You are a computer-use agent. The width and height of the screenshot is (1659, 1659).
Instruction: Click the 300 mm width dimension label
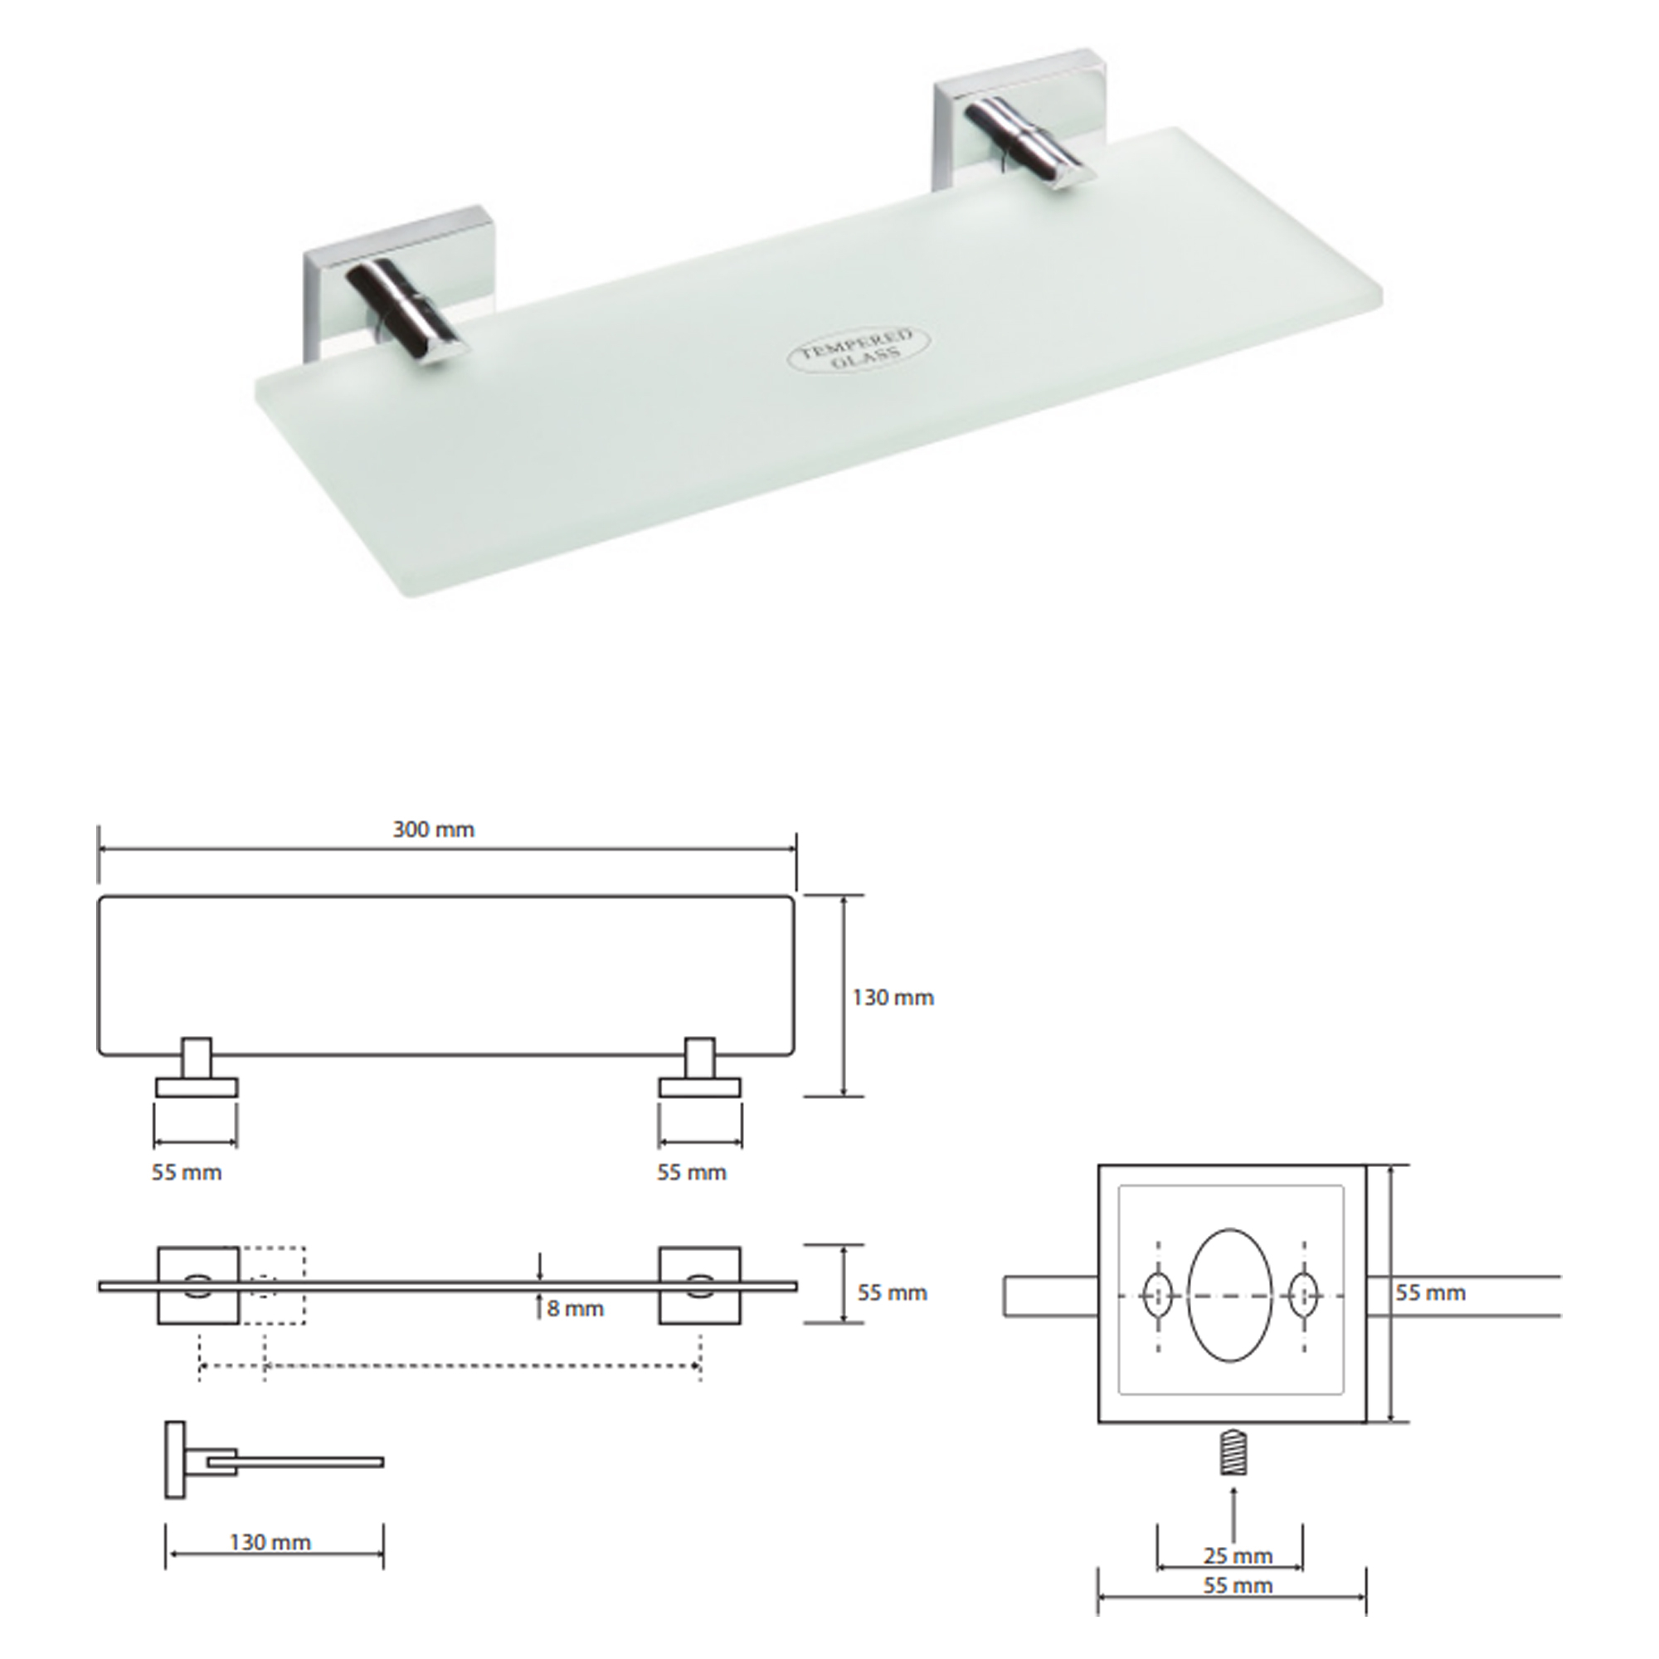(434, 829)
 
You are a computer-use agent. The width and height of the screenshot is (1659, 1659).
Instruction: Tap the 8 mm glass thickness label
(576, 1309)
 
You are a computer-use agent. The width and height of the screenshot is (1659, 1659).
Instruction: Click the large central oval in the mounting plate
(1229, 1295)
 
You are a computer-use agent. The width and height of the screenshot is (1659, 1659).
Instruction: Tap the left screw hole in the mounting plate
(1155, 1295)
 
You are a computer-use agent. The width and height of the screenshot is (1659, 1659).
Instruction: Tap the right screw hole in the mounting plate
(1303, 1295)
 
